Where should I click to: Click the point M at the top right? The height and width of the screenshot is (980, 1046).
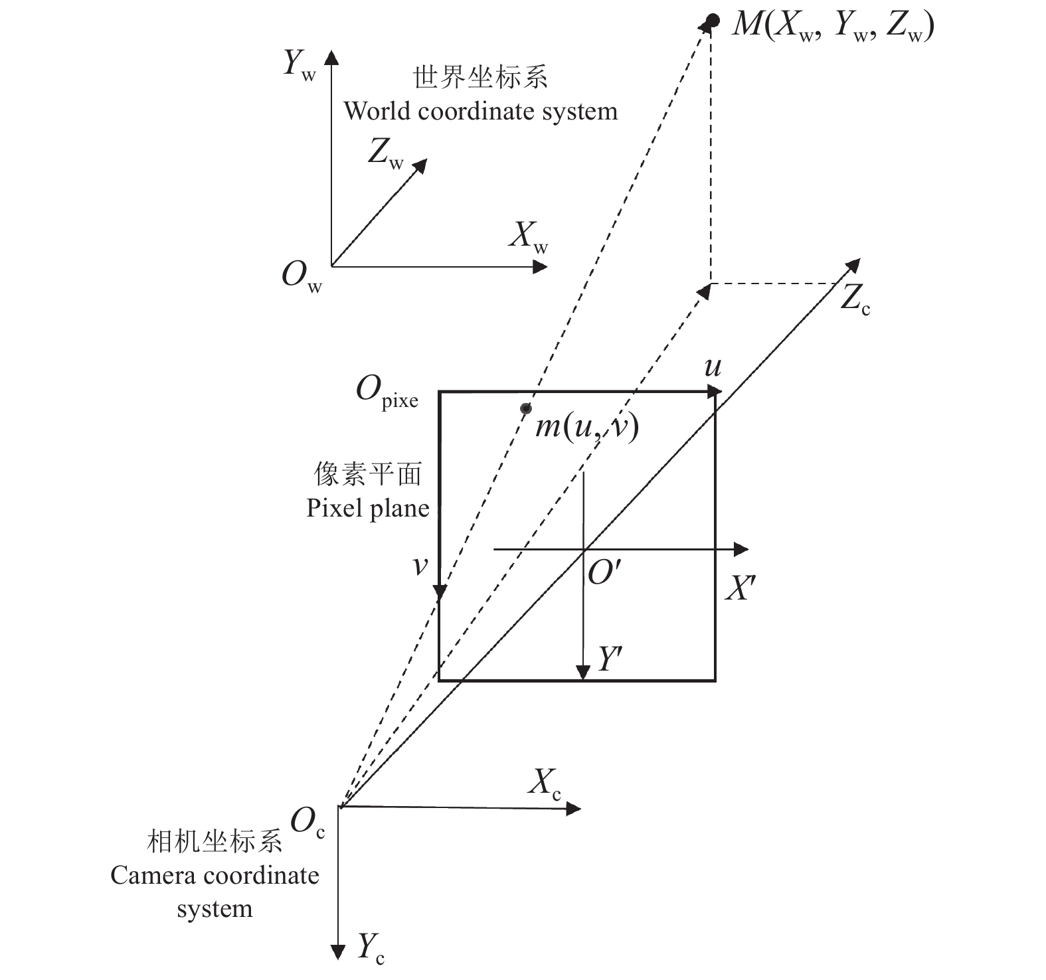click(713, 21)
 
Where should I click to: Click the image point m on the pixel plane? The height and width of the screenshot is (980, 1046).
click(525, 408)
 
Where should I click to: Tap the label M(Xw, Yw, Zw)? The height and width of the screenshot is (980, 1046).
click(833, 28)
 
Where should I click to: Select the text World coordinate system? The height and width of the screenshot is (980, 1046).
click(480, 111)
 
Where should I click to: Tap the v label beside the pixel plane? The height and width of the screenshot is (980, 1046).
click(420, 566)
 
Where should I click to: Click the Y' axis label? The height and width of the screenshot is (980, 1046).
click(610, 660)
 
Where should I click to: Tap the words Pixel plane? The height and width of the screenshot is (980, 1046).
click(367, 509)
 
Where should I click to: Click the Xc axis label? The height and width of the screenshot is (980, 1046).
click(545, 784)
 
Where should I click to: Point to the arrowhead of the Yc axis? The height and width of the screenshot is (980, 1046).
click(339, 953)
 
